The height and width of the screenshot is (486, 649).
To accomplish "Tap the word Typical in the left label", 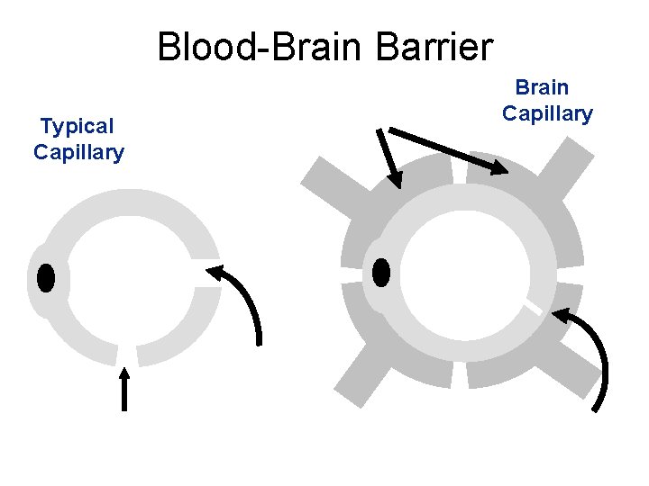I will point(78,126).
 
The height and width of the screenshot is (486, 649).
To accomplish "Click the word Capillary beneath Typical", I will point(78,152).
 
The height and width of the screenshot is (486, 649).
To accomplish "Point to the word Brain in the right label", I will point(542,87).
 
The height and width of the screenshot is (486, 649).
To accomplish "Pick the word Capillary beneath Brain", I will point(547,113).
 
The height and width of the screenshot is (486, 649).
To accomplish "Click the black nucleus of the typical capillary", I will point(46,278).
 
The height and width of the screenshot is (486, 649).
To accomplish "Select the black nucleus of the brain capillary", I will point(381,272).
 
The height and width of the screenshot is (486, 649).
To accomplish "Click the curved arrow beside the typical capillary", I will point(248,297).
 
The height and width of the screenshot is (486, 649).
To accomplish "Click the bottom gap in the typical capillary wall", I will point(127,356).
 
